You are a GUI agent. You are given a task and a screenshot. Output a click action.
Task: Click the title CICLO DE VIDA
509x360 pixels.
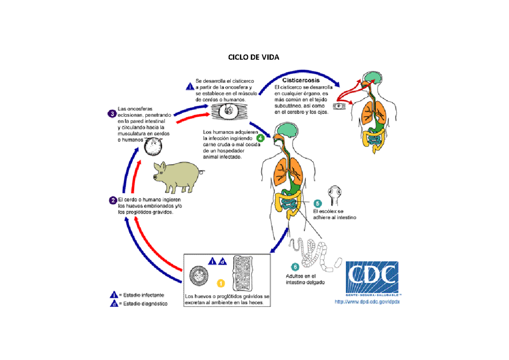click(254, 57)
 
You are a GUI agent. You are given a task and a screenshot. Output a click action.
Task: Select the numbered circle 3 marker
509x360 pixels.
click(112, 113)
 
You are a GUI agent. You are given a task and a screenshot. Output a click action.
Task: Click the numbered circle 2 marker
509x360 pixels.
click(113, 200)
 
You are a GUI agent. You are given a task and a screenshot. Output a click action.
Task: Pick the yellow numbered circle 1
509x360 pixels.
click(221, 283)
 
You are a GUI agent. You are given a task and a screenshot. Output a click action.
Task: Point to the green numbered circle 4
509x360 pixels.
click(260, 138)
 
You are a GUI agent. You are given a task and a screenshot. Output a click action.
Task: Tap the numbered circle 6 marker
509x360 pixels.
click(295, 267)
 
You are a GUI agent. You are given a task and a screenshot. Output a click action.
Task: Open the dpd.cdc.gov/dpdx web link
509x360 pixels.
click(367, 302)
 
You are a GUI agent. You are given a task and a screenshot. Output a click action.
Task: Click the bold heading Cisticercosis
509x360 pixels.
click(301, 80)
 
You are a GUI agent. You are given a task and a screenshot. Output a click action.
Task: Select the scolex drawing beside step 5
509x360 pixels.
click(336, 193)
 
